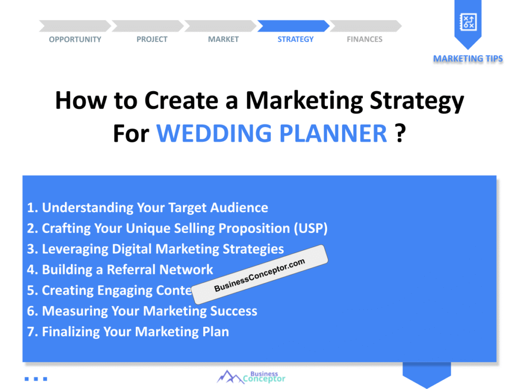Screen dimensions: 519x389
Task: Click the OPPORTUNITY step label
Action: tap(75, 40)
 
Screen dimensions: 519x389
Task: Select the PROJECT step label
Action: tap(152, 40)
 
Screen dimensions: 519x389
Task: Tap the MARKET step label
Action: tap(224, 40)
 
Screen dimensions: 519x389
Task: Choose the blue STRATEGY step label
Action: tap(295, 40)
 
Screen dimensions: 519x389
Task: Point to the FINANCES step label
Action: tap(364, 40)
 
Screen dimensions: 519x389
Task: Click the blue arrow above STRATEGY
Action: tap(293, 26)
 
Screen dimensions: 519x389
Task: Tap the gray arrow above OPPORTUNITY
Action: tap(75, 26)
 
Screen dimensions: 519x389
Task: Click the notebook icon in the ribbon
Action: tap(468, 22)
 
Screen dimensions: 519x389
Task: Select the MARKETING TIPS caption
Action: tap(468, 59)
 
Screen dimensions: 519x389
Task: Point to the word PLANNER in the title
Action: tap(333, 133)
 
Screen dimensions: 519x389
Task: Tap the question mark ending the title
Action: tap(400, 133)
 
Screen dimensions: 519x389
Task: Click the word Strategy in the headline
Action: tap(417, 101)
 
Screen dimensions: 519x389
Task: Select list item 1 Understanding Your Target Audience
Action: tap(147, 208)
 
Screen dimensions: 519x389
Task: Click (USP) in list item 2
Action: tap(311, 228)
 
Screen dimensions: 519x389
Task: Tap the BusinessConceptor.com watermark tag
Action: tap(260, 275)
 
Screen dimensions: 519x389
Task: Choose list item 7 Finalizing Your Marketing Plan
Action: tap(128, 332)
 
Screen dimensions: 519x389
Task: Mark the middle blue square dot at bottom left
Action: tap(36, 379)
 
